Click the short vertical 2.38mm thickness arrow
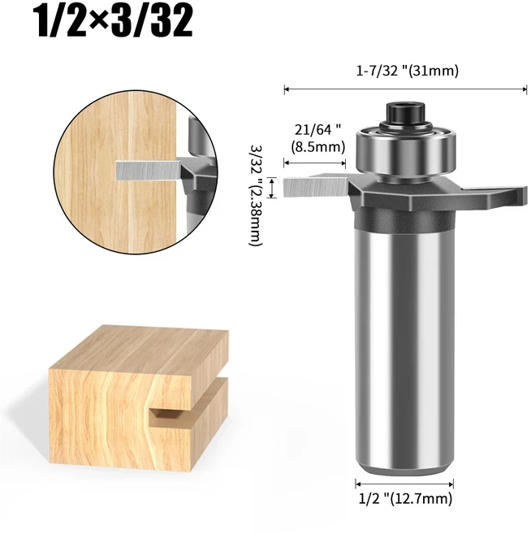click(x=273, y=187)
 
